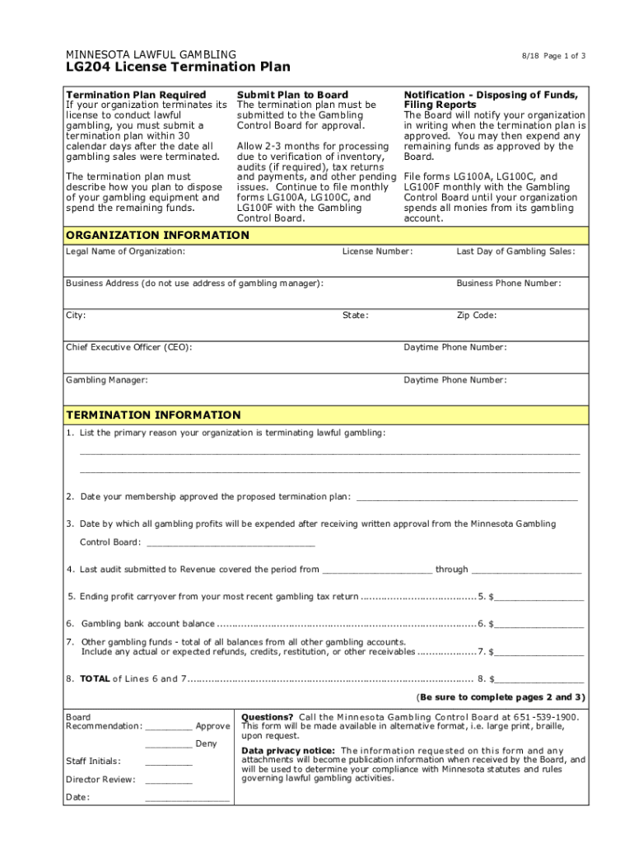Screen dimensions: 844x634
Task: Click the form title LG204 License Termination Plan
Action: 177,67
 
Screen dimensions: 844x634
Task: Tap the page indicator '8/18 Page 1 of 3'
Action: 553,55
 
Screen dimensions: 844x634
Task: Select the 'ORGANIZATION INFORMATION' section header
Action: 157,236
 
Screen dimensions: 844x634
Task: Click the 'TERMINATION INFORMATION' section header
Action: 153,415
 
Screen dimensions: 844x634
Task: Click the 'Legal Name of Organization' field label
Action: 125,251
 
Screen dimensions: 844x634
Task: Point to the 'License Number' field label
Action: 377,251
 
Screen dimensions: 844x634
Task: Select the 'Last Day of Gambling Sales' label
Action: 516,251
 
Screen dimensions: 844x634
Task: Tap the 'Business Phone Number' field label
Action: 509,284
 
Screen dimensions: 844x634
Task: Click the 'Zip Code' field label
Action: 477,316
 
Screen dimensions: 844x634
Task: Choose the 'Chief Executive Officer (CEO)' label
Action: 129,348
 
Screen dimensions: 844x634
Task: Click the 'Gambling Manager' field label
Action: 107,380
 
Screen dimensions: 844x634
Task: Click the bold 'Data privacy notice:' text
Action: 288,751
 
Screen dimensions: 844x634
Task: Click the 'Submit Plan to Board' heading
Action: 292,95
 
